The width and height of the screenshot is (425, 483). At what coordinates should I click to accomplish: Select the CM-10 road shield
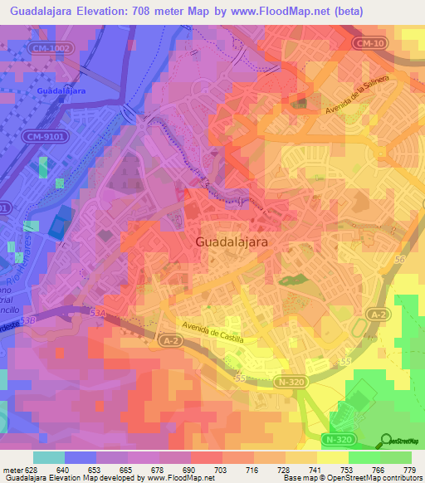(x=370, y=42)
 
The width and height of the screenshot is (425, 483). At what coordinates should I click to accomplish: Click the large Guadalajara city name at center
(x=237, y=242)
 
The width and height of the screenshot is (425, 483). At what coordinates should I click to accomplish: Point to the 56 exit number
(x=398, y=260)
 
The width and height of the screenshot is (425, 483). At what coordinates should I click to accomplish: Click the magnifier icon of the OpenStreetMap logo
(x=386, y=441)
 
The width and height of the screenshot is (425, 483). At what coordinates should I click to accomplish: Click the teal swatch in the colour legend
(x=49, y=457)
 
